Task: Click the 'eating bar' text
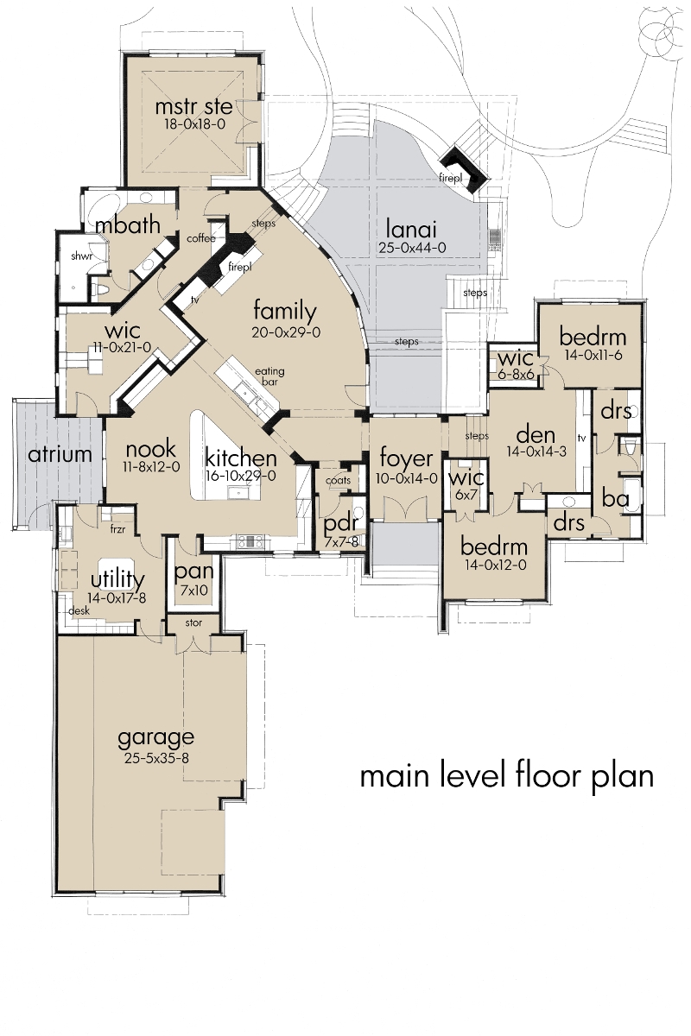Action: (269, 376)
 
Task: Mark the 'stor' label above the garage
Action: (193, 622)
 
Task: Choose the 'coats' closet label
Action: (338, 481)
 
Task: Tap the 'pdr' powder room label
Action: (335, 525)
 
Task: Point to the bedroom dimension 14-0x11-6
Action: (592, 353)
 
